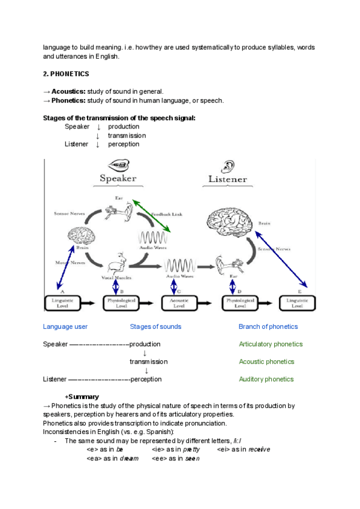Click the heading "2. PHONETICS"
66,74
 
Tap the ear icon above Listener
229,166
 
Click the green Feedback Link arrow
151,216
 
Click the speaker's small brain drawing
82,237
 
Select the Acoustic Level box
179,303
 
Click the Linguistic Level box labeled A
62,303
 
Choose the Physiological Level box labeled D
240,303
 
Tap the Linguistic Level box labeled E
301,303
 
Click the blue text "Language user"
65,327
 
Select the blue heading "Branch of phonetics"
268,327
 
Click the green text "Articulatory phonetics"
271,344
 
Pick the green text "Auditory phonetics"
266,379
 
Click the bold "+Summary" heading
82,397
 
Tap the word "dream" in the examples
128,458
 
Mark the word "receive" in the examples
259,449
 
